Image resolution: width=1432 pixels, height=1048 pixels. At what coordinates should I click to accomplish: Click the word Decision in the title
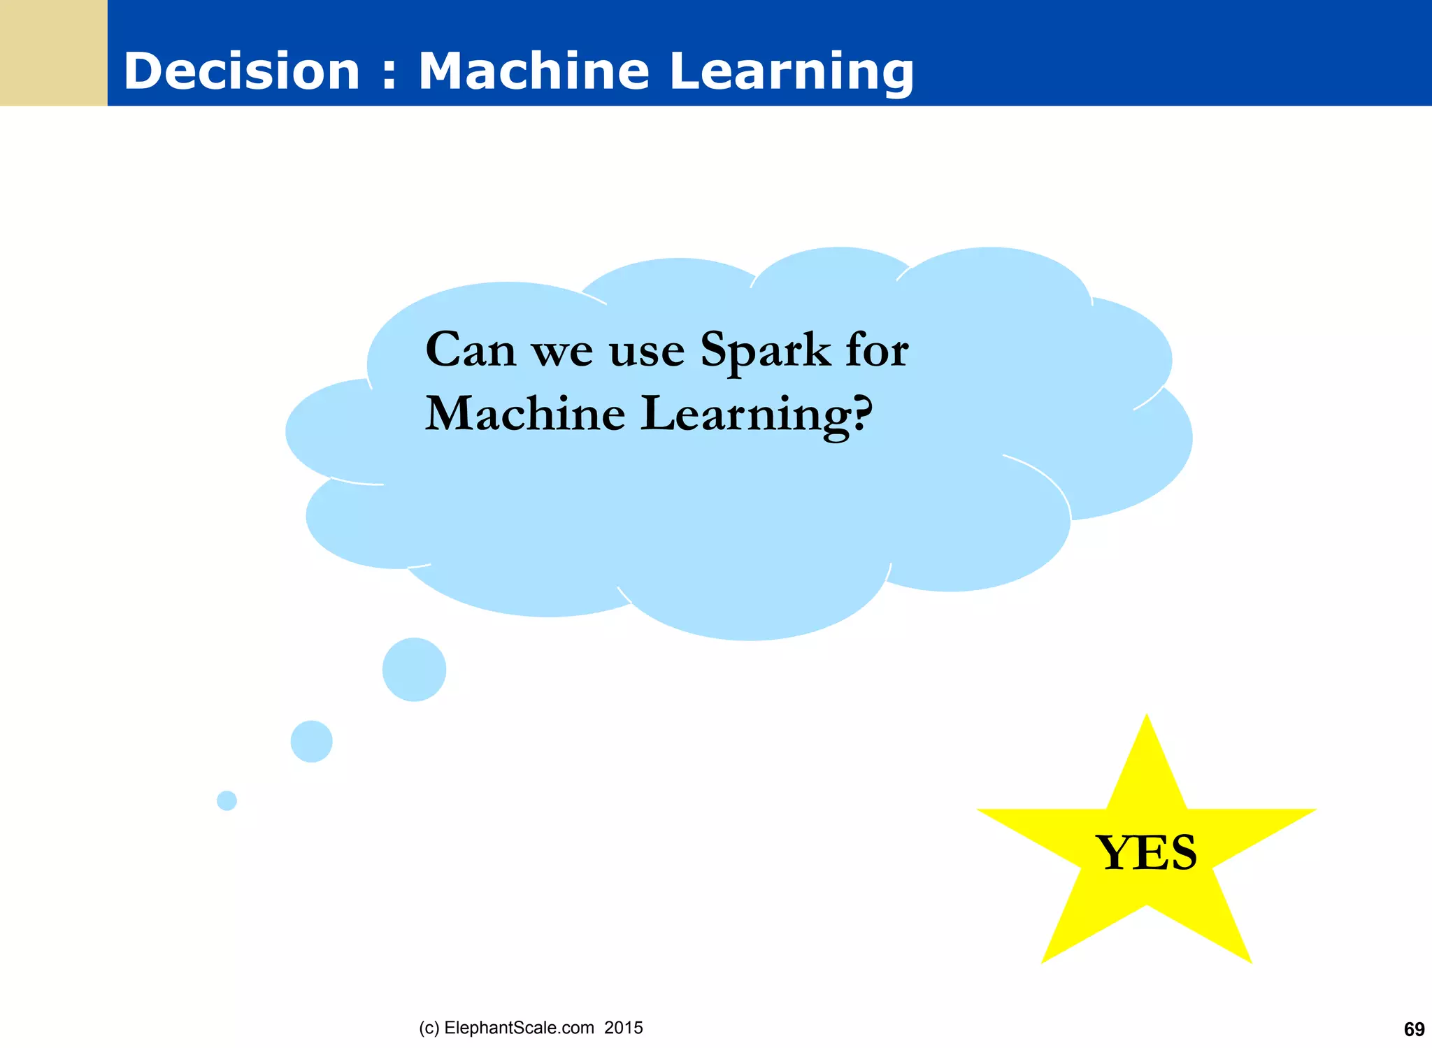(x=241, y=71)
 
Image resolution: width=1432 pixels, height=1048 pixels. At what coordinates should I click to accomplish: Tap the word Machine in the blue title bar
(x=534, y=71)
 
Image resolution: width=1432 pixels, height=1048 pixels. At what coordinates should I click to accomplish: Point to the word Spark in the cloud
(x=766, y=351)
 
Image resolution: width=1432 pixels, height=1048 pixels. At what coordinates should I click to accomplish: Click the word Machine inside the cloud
(x=525, y=414)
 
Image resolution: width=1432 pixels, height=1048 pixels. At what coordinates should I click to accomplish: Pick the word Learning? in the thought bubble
(x=757, y=415)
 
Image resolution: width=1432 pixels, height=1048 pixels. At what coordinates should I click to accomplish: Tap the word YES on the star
(x=1146, y=853)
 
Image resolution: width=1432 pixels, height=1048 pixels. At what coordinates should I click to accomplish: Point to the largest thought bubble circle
(x=414, y=670)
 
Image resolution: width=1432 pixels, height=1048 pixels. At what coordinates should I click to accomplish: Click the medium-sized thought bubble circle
(x=311, y=741)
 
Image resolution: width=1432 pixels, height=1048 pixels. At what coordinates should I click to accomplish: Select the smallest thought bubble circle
(x=227, y=801)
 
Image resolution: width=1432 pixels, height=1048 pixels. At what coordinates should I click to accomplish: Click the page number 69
(x=1414, y=1029)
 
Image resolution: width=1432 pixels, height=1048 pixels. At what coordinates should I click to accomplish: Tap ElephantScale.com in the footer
(x=519, y=1028)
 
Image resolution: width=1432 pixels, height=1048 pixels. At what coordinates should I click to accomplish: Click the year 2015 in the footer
(x=624, y=1028)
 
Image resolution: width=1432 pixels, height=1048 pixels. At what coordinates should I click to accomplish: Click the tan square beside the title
(x=53, y=53)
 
